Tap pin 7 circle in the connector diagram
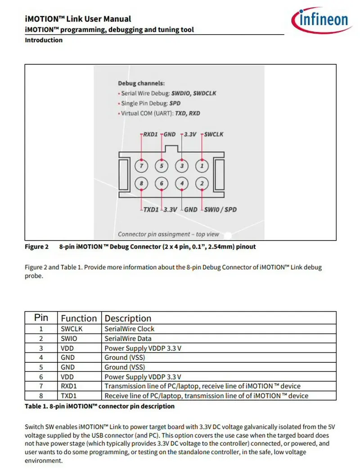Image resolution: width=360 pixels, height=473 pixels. (x=142, y=166)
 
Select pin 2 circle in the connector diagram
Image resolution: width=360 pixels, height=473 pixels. (x=202, y=183)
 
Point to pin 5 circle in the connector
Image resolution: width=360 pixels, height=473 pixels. (x=162, y=166)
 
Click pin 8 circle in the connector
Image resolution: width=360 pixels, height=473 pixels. (x=142, y=183)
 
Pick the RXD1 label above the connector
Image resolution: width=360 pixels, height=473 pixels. (x=151, y=134)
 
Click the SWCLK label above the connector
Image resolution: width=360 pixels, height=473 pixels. (x=214, y=134)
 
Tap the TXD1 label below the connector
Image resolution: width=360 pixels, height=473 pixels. (x=151, y=210)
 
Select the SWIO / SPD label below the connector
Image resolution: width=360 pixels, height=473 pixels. (x=220, y=210)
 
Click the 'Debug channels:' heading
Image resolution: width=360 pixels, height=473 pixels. (x=141, y=83)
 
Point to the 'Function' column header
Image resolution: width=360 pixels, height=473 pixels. (x=79, y=318)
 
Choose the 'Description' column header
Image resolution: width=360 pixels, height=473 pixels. (x=128, y=318)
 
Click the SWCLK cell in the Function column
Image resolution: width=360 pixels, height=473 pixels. (x=72, y=329)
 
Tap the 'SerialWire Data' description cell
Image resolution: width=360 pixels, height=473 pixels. (x=128, y=339)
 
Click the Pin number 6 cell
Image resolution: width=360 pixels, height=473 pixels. (x=41, y=377)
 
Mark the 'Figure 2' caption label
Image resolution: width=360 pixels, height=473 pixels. (x=36, y=247)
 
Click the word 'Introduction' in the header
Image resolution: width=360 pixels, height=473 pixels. (x=44, y=40)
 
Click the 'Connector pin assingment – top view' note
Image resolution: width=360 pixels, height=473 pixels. (x=169, y=234)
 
